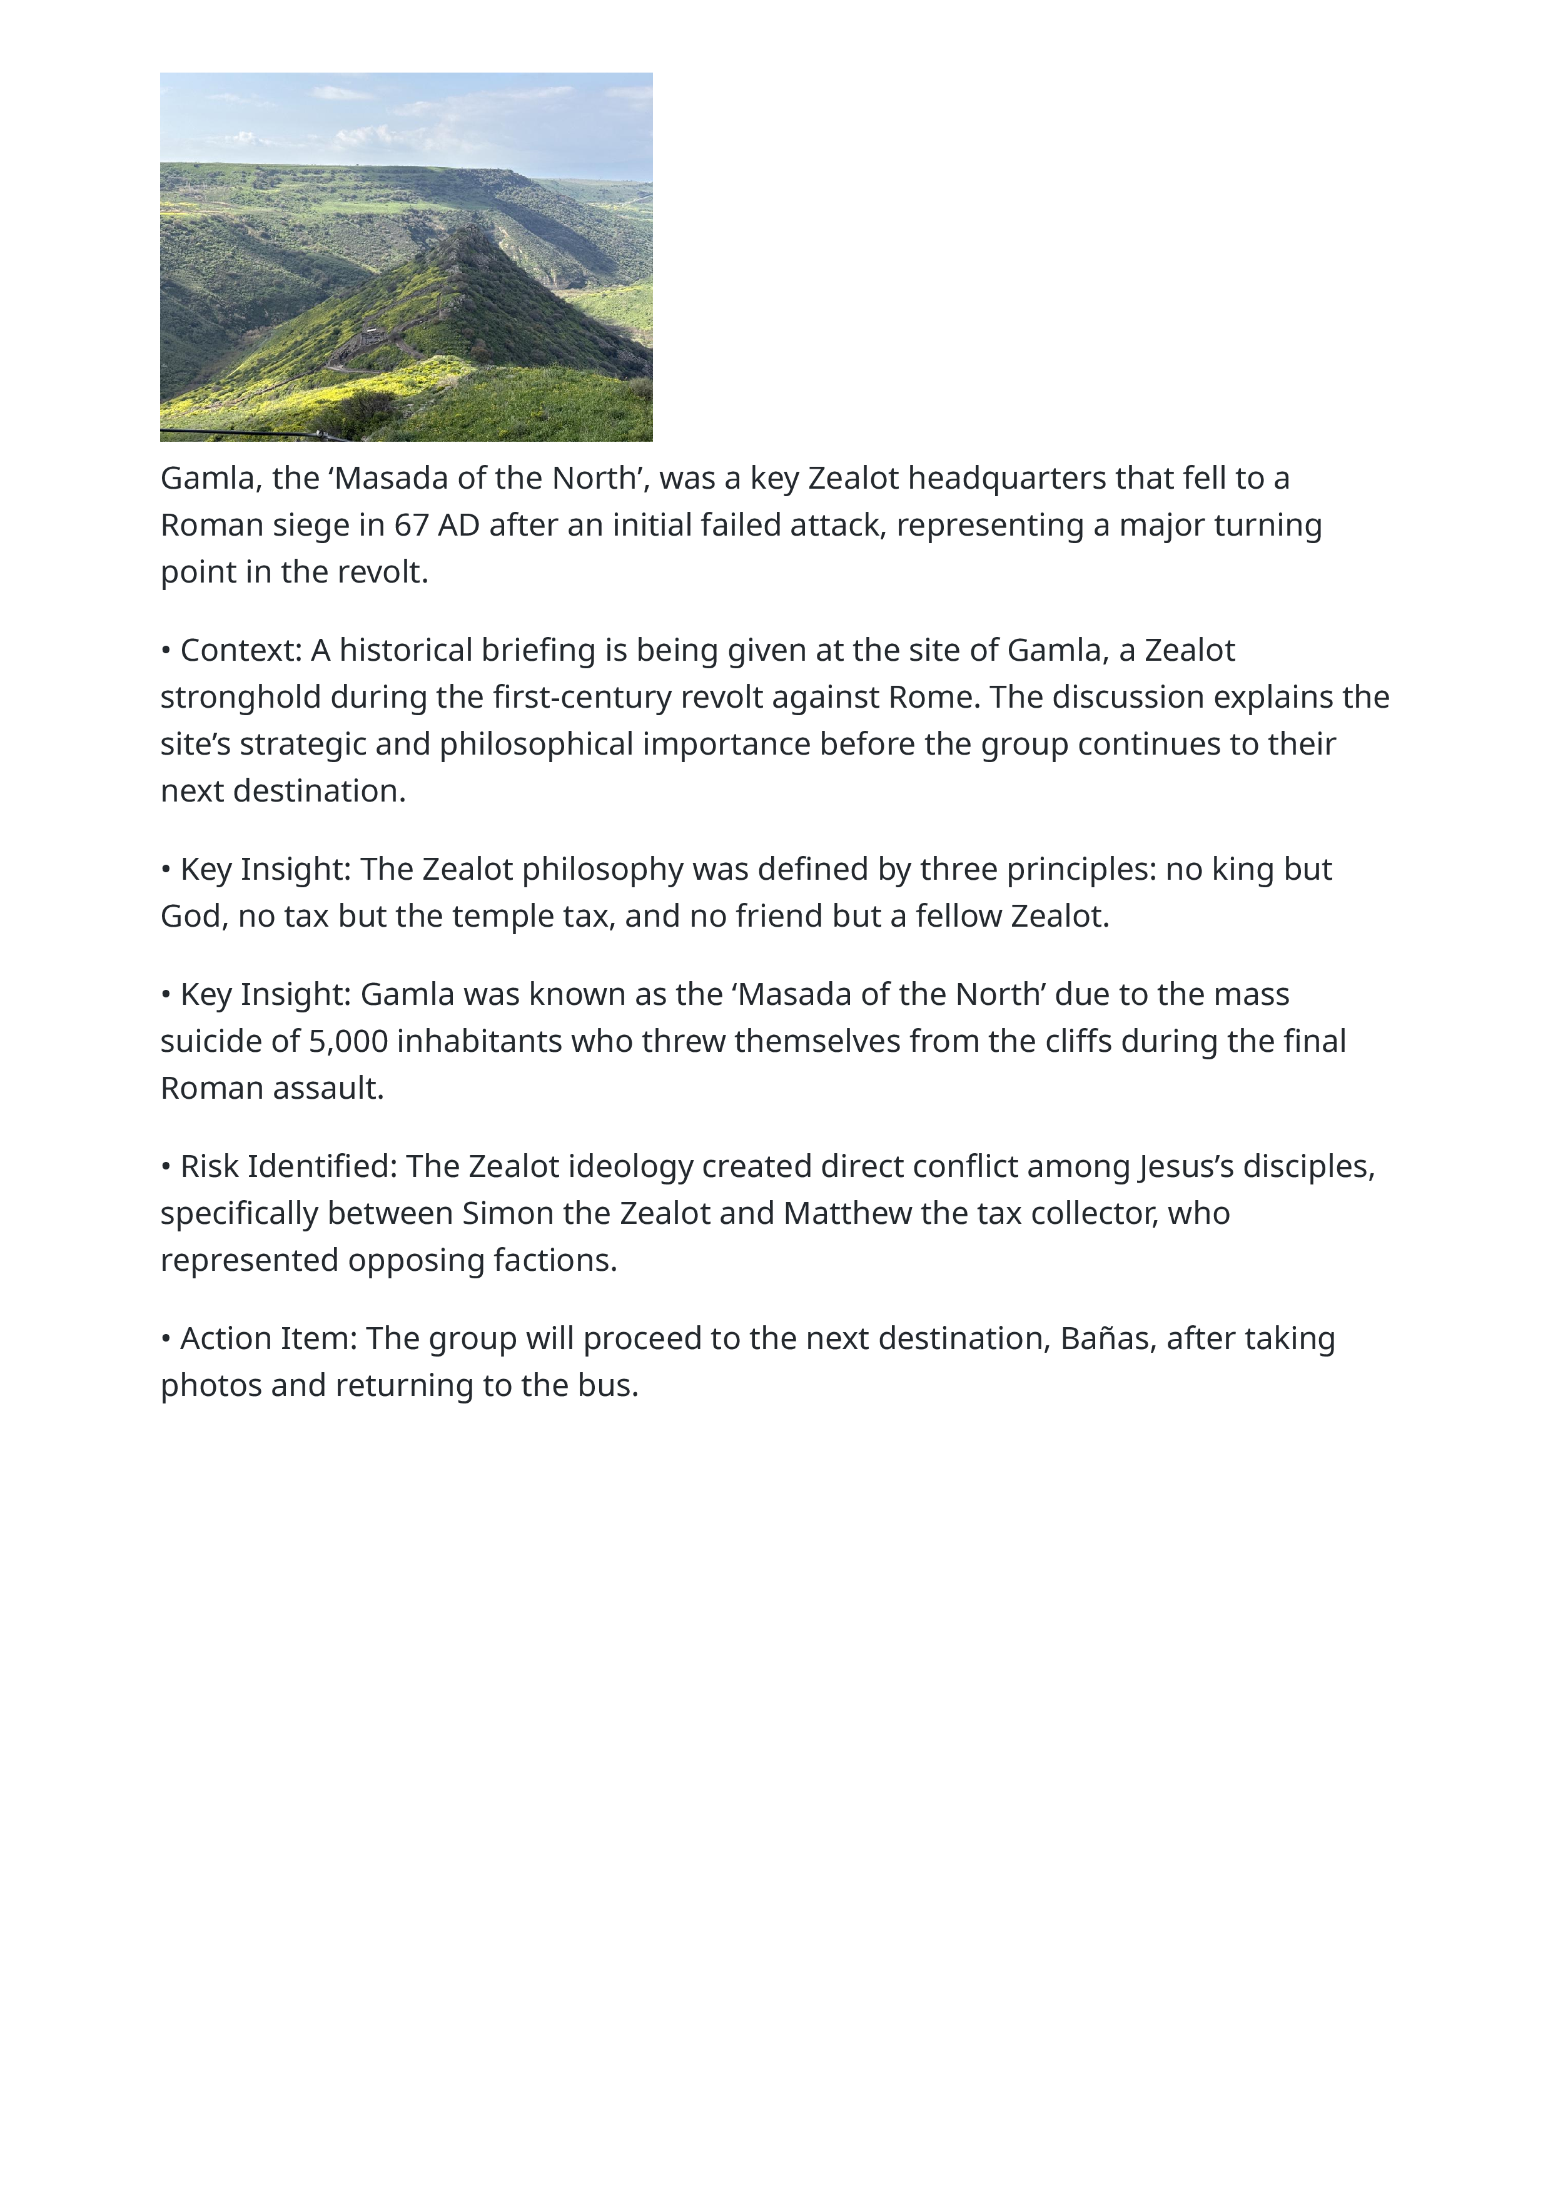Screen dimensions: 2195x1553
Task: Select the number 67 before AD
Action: point(411,525)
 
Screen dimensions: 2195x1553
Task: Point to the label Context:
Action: point(241,650)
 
